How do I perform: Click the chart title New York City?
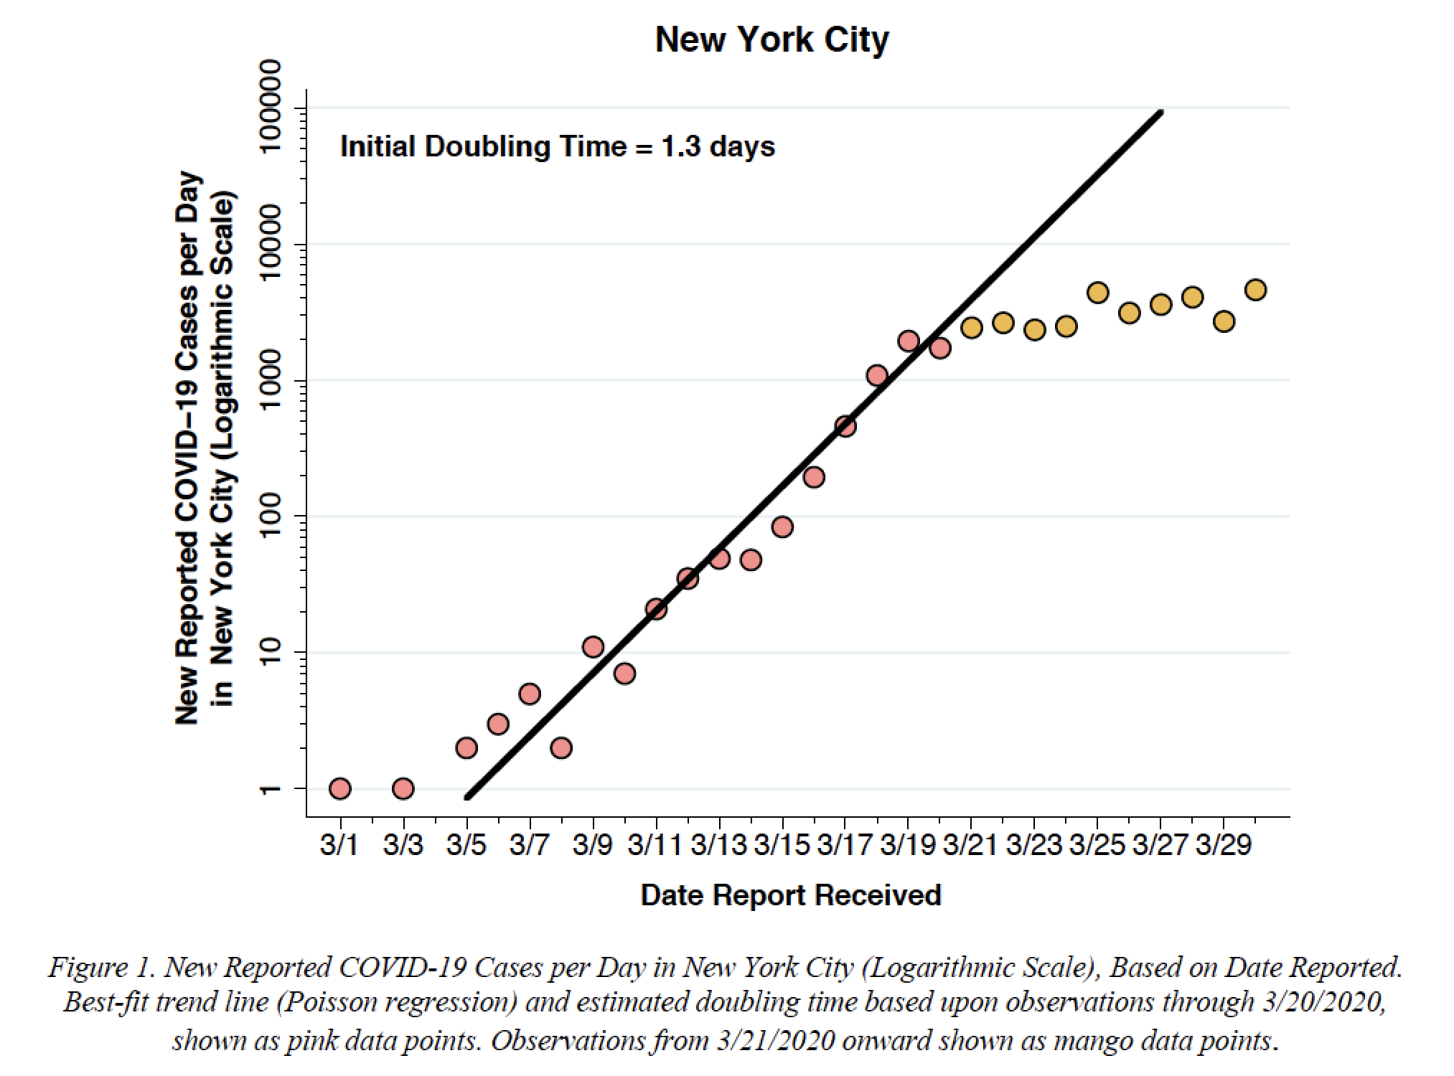(x=771, y=39)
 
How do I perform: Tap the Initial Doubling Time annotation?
(x=557, y=147)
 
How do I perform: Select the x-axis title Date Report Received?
(x=790, y=895)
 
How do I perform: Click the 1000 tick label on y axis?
(x=271, y=380)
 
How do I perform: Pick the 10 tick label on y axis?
(x=271, y=652)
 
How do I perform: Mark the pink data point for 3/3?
(x=403, y=789)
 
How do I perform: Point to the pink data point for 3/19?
(x=908, y=341)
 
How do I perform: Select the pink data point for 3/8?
(x=561, y=748)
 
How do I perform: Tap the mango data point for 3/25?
(x=1097, y=293)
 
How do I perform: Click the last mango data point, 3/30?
(x=1255, y=290)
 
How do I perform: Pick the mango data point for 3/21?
(x=971, y=328)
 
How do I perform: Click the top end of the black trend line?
(x=1160, y=113)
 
